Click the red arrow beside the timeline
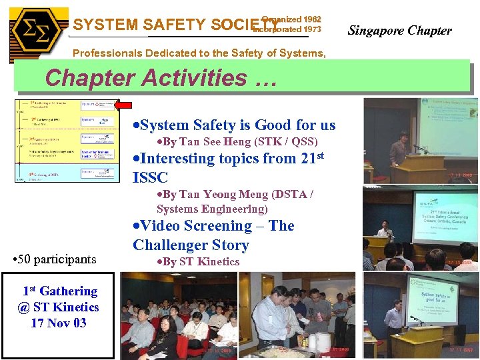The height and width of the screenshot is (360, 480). (123, 105)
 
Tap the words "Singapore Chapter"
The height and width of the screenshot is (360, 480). (399, 30)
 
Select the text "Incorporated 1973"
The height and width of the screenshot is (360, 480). (291, 29)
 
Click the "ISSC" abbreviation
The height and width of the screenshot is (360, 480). (150, 177)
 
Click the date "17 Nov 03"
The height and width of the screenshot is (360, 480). (59, 323)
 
